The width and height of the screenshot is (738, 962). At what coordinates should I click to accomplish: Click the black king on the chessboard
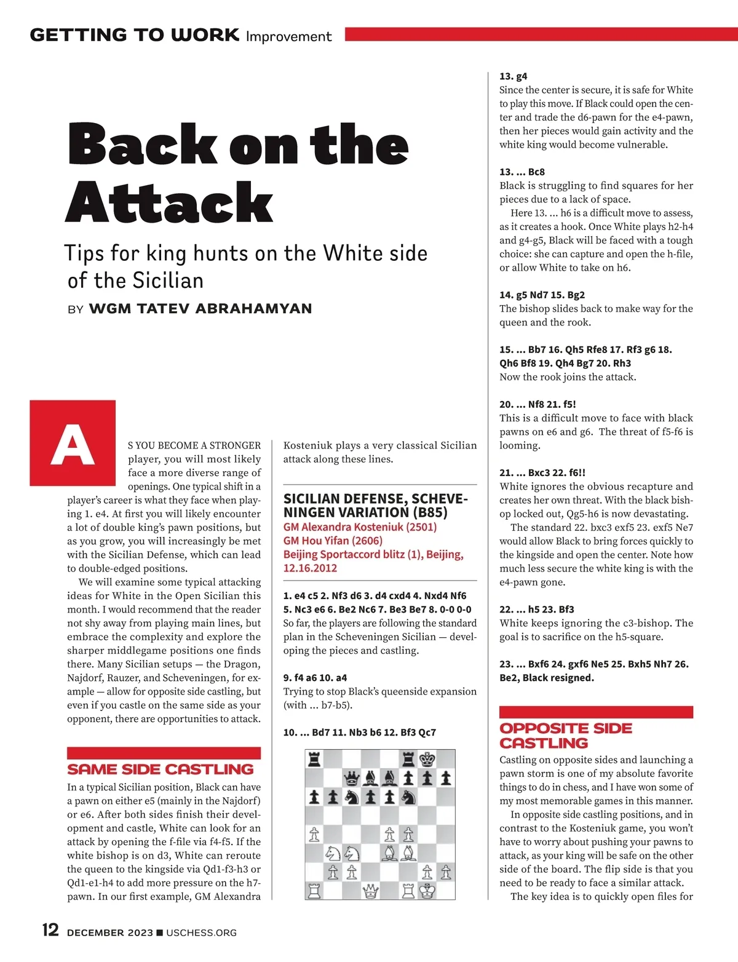click(427, 760)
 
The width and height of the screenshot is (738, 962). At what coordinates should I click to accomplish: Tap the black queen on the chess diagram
click(351, 779)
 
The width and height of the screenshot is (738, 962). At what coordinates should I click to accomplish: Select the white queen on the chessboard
click(370, 890)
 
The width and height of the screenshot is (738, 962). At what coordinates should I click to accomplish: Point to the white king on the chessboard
click(427, 890)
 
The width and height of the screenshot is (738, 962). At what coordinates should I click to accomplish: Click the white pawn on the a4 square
click(314, 835)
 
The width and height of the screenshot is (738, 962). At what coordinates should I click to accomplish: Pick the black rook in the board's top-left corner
click(314, 760)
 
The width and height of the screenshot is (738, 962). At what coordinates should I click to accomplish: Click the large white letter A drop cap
click(73, 443)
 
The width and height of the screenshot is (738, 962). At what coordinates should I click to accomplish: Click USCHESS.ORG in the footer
click(201, 933)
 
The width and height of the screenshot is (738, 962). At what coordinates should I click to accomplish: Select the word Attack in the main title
click(169, 202)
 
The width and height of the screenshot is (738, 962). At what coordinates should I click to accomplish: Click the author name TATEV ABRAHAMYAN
click(200, 309)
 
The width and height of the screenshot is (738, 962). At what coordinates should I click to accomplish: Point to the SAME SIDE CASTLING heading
click(161, 769)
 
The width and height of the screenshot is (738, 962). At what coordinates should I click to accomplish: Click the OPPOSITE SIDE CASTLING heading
click(565, 736)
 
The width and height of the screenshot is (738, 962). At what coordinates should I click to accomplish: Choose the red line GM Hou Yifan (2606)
click(333, 541)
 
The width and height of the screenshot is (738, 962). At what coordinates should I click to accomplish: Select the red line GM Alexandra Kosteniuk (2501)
click(360, 527)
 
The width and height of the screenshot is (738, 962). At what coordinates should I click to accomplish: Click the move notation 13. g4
click(514, 76)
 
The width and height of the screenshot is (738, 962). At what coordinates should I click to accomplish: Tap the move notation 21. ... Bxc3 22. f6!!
click(542, 472)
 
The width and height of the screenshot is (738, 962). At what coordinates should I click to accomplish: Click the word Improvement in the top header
click(288, 36)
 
